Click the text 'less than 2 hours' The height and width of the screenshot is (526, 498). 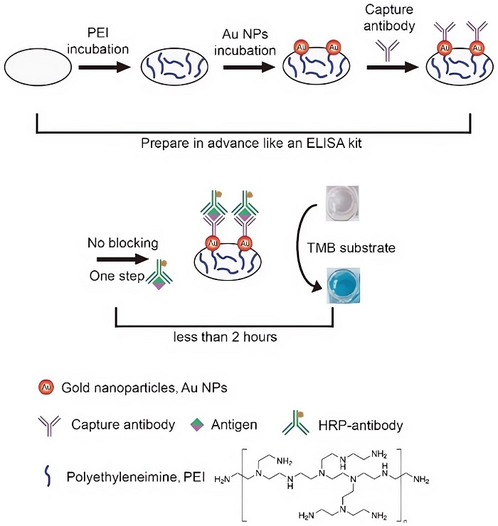[x=226, y=337]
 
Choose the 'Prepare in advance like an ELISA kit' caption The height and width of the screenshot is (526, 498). [x=250, y=141]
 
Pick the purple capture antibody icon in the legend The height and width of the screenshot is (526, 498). [x=47, y=426]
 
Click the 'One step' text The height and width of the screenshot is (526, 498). [x=114, y=277]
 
